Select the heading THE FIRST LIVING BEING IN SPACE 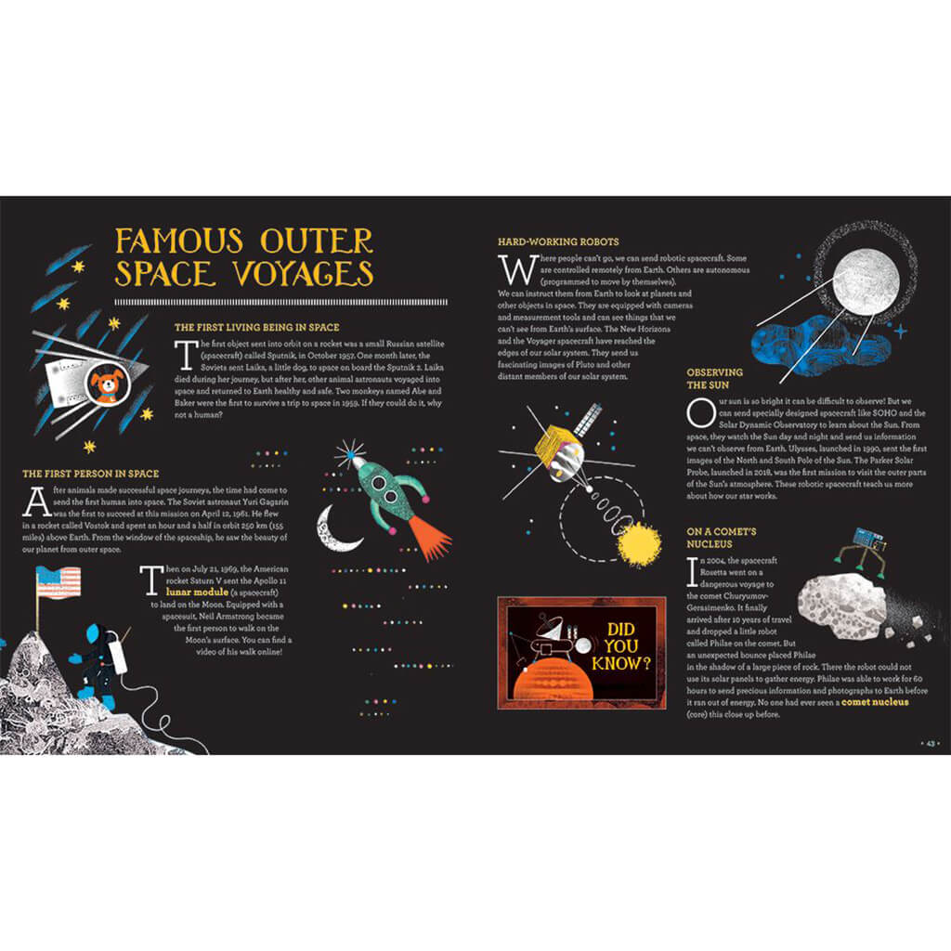[x=256, y=327]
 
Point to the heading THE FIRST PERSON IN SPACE [x=90, y=474]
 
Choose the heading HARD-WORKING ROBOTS [x=558, y=242]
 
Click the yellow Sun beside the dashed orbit [x=640, y=544]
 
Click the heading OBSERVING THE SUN [x=708, y=378]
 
